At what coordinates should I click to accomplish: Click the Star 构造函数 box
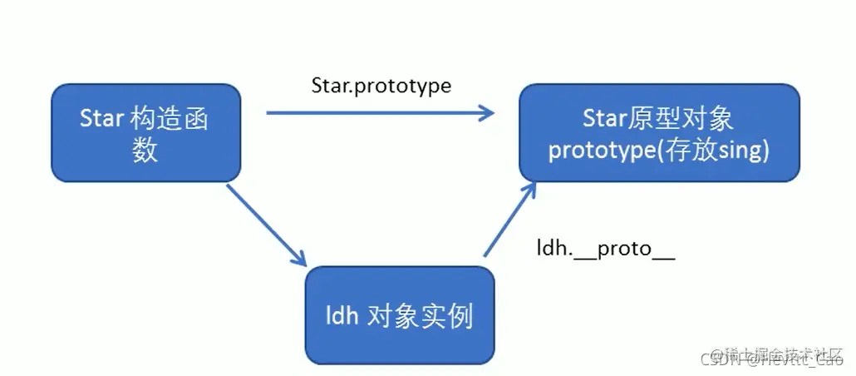[x=145, y=134]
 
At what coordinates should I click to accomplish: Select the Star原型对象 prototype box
[x=659, y=134]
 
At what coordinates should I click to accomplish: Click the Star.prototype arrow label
[x=381, y=85]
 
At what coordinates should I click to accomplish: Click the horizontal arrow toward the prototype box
[x=379, y=112]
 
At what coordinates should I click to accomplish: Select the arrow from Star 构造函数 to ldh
[x=267, y=225]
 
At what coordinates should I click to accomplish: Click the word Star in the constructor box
[x=101, y=119]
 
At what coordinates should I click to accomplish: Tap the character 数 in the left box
[x=145, y=151]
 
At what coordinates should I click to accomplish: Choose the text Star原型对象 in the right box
[x=657, y=118]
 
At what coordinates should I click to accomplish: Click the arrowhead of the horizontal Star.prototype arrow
[x=487, y=112]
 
